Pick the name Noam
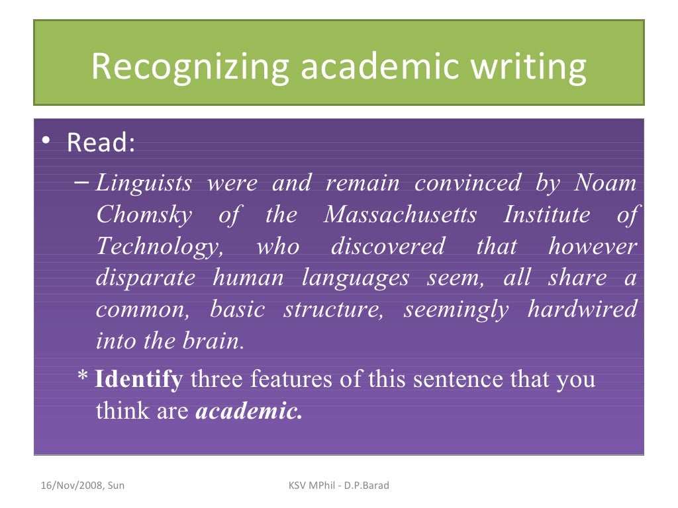pos(605,183)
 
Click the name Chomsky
pos(144,214)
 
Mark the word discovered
pos(387,246)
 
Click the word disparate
pos(146,278)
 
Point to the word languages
pos(356,278)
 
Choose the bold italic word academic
pos(250,411)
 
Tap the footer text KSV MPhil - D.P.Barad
pos(339,486)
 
